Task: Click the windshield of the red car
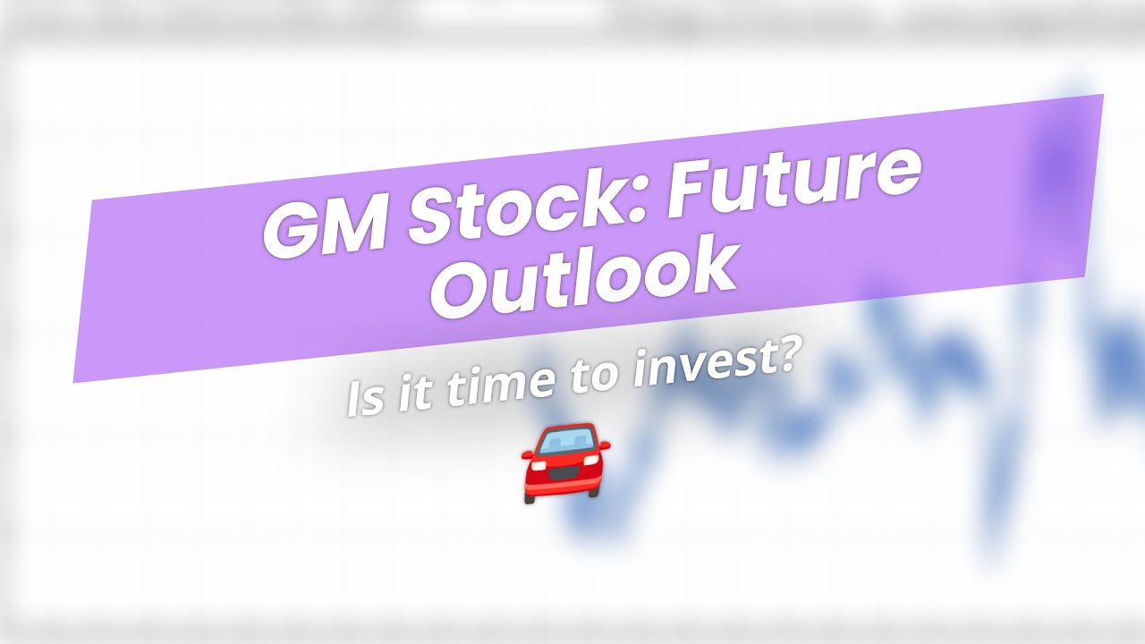pos(567,440)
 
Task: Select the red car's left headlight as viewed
pos(539,462)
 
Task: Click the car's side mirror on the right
pos(606,445)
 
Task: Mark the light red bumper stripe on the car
pos(564,487)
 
